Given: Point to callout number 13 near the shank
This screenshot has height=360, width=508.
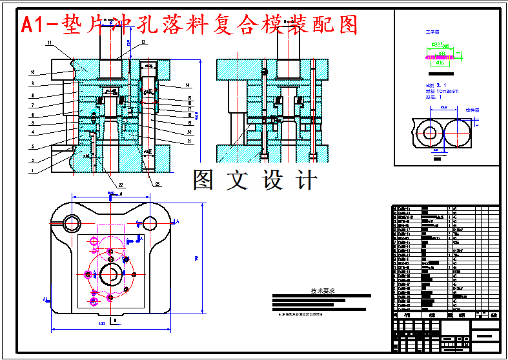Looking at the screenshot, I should pyautogui.click(x=143, y=42).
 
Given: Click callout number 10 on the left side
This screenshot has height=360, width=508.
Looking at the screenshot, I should pyautogui.click(x=31, y=72).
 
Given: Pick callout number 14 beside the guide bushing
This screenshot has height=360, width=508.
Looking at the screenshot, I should pyautogui.click(x=188, y=85).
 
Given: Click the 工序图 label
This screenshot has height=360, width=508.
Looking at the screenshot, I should pyautogui.click(x=431, y=31).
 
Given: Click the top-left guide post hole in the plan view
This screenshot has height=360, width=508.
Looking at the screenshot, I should pyautogui.click(x=70, y=223).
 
